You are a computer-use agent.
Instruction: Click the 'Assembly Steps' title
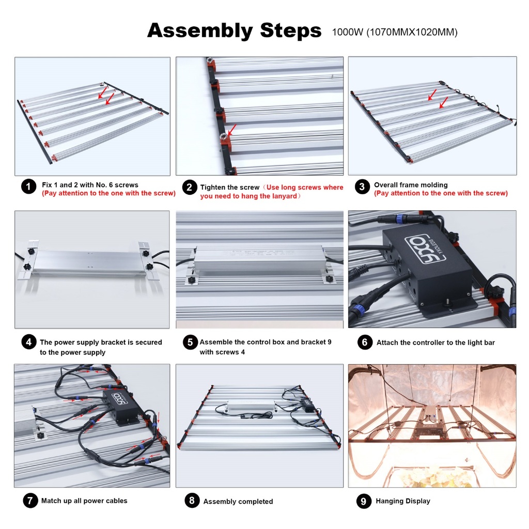234,30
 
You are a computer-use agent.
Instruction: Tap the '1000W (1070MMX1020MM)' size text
395,32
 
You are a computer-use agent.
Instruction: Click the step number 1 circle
29,186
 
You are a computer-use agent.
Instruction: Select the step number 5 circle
190,342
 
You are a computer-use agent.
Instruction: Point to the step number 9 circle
364,501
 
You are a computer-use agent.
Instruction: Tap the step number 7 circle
30,500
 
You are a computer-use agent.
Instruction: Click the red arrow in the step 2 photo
232,130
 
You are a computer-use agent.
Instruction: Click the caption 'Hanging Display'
403,501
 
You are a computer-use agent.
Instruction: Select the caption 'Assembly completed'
238,501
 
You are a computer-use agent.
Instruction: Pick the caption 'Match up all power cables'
84,501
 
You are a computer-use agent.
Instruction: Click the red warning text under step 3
441,193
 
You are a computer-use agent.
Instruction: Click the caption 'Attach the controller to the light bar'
435,343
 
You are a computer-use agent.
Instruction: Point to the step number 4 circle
29,342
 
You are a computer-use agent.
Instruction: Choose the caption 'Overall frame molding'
411,185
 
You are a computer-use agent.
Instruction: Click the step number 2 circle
189,187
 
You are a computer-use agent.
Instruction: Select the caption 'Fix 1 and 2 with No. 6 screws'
90,185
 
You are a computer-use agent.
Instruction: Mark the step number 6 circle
365,343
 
